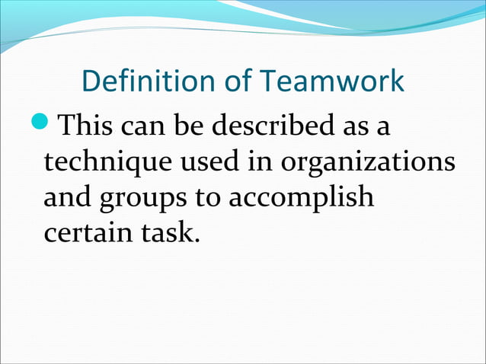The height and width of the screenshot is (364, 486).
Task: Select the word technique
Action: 107,162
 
